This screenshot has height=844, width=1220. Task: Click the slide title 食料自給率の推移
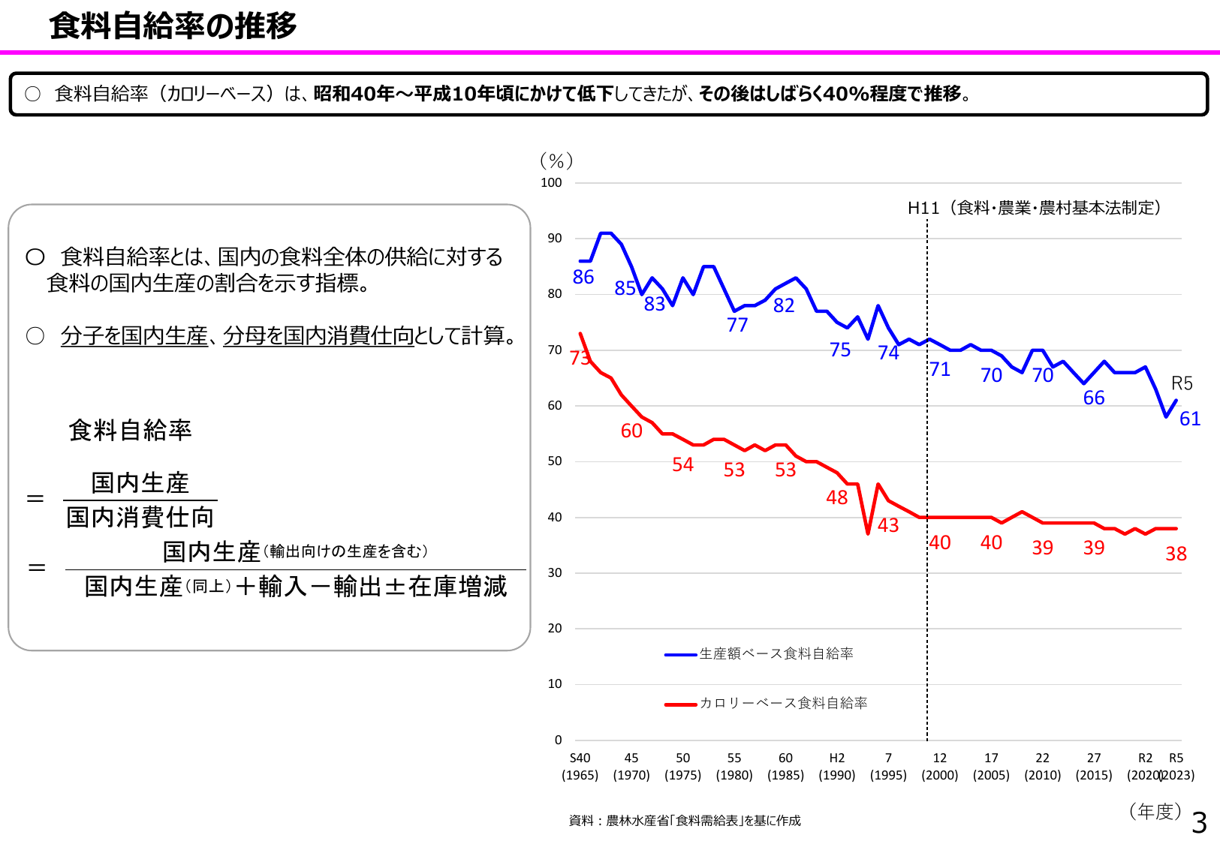[173, 26]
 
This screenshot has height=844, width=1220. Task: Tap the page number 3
[1199, 823]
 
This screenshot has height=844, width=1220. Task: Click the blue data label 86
[583, 278]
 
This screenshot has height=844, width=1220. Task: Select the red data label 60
[631, 431]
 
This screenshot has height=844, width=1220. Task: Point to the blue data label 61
[1190, 419]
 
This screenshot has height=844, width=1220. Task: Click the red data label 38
[1176, 554]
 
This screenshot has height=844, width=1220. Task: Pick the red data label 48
[836, 497]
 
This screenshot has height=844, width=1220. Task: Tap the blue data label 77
[737, 325]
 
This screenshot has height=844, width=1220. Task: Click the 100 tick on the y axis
[551, 182]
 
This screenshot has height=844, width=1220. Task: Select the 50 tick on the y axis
[554, 461]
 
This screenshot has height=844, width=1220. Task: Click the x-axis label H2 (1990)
[837, 766]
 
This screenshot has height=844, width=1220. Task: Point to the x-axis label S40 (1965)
[580, 766]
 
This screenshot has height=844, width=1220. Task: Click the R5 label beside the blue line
[1182, 383]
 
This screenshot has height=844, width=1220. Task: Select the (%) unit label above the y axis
[556, 161]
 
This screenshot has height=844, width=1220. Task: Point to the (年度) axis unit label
[1155, 811]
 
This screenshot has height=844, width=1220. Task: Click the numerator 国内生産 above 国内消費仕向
[140, 483]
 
